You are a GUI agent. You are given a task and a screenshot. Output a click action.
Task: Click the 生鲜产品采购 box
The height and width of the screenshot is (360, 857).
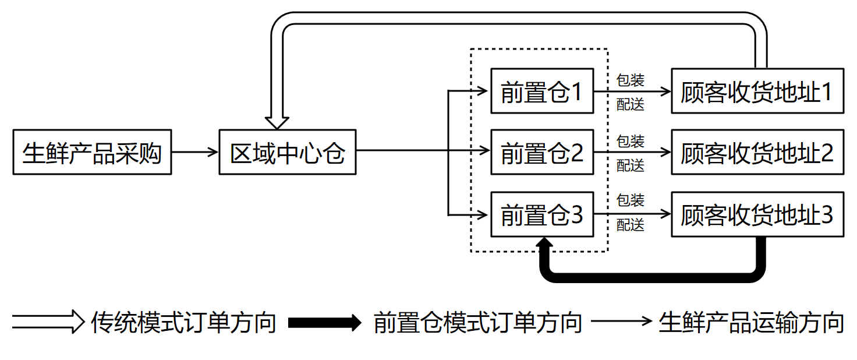click(92, 152)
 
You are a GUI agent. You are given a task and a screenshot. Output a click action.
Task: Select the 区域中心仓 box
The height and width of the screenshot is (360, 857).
click(288, 152)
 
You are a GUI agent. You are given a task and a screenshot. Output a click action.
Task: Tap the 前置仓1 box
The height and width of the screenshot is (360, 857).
click(542, 91)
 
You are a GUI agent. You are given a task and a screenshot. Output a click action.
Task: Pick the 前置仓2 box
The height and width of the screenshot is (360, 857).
click(542, 152)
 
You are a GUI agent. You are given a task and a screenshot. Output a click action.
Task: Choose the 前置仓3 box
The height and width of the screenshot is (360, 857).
click(542, 214)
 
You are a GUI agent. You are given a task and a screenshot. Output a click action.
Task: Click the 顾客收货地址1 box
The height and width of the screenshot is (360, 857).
click(757, 91)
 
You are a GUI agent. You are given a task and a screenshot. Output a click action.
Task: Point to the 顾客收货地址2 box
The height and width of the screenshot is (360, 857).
click(757, 152)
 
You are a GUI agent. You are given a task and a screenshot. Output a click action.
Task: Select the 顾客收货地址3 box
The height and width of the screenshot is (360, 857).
click(757, 214)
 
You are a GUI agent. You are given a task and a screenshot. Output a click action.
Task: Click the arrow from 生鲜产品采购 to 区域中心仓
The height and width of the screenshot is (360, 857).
click(195, 152)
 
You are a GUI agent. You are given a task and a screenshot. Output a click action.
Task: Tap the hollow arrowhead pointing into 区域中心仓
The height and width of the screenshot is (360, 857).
click(277, 122)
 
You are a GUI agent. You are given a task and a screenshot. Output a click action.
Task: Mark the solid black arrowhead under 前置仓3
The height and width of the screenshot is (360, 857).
click(544, 244)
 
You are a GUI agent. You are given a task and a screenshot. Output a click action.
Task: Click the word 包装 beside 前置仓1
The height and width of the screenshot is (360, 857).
click(631, 80)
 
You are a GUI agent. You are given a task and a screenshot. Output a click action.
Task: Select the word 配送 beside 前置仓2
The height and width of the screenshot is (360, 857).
click(631, 165)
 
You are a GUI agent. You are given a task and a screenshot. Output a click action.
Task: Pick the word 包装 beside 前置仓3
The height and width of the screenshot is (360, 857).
click(631, 200)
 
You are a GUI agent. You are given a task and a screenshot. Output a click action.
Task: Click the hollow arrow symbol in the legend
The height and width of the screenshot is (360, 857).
click(48, 322)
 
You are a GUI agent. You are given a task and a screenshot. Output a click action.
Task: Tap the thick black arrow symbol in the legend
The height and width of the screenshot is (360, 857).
click(325, 322)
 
